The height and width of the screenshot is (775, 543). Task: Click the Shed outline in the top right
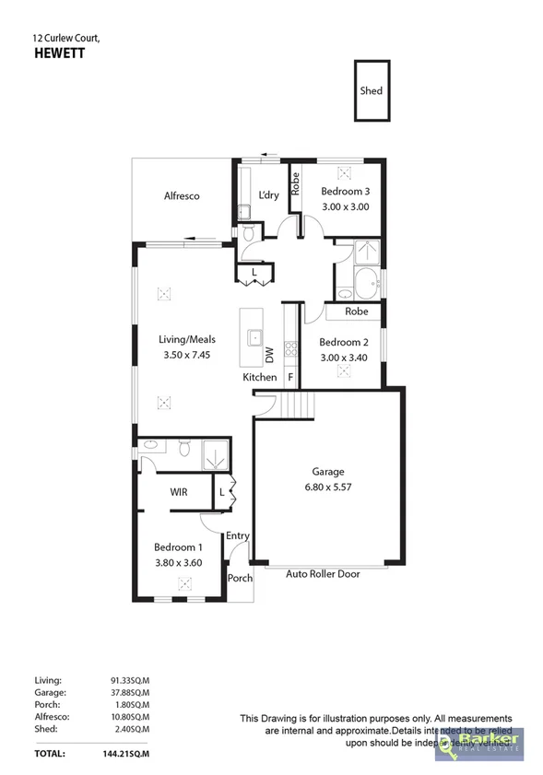(372, 90)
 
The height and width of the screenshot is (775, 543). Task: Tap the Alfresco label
(182, 196)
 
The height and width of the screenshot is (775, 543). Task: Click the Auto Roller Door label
(323, 573)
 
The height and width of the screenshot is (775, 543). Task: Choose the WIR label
(179, 493)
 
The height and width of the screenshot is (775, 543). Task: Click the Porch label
(240, 579)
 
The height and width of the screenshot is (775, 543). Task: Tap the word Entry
(238, 535)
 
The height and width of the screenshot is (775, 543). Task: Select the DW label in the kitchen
(270, 353)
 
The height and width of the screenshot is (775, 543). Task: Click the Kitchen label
(260, 378)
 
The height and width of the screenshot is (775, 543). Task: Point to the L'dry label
(268, 195)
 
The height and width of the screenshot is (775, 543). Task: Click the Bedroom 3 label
(345, 192)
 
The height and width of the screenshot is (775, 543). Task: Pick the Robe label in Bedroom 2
(357, 312)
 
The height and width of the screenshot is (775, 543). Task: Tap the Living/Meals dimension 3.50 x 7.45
(187, 354)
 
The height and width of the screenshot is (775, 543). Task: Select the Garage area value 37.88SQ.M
(130, 691)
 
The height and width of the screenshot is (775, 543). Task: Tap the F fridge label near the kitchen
(290, 378)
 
